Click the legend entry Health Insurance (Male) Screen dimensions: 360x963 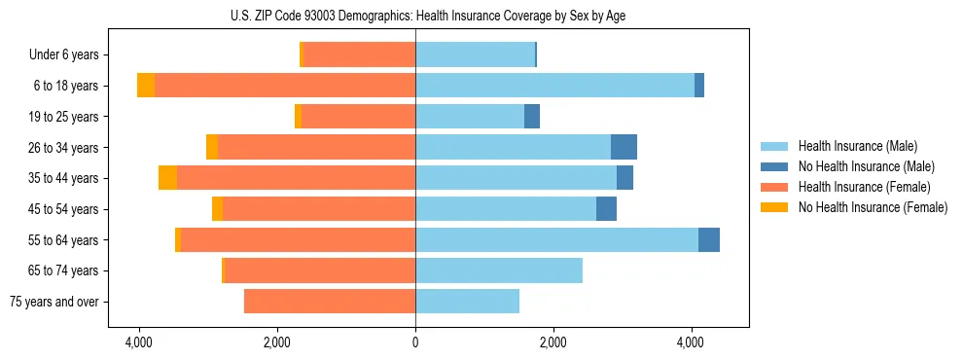pyautogui.click(x=857, y=146)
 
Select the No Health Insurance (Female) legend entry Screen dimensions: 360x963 pyautogui.click(x=873, y=207)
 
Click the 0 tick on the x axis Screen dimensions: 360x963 pyautogui.click(x=415, y=342)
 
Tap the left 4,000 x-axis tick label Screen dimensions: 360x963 pyautogui.click(x=139, y=342)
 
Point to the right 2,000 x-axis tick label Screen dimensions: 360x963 pyautogui.click(x=553, y=342)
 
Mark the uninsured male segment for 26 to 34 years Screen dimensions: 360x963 pyautogui.click(x=624, y=147)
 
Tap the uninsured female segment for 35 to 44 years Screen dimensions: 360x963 pyautogui.click(x=167, y=178)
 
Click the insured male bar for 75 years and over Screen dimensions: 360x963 pyautogui.click(x=467, y=302)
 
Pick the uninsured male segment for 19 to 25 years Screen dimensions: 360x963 pyautogui.click(x=532, y=117)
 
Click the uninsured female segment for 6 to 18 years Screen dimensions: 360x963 pyautogui.click(x=146, y=86)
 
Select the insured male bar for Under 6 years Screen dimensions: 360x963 pyautogui.click(x=475, y=54)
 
